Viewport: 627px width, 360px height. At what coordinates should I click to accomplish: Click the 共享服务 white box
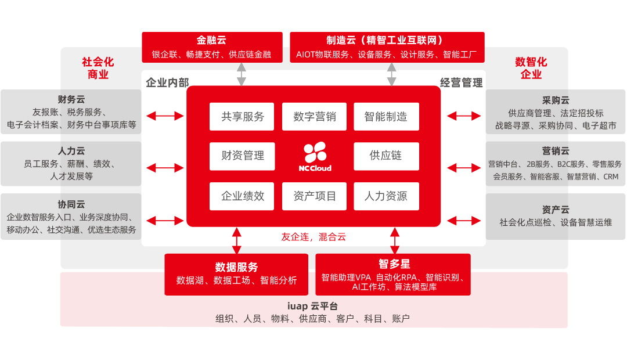(x=242, y=117)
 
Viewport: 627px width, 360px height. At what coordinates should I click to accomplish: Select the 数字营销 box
(x=314, y=117)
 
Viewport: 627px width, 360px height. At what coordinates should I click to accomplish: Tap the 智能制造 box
(x=386, y=117)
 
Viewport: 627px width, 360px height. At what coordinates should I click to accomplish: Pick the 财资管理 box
(x=242, y=156)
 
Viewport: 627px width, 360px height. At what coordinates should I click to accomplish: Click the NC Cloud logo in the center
(x=315, y=156)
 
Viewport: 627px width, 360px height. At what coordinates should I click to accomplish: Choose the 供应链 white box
(x=386, y=156)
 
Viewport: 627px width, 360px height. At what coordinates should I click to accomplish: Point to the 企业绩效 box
(x=242, y=196)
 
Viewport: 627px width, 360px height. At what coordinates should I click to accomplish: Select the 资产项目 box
(x=314, y=196)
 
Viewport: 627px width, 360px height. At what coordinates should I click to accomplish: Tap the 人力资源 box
(x=386, y=196)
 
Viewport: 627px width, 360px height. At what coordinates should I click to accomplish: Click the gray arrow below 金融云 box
(x=241, y=74)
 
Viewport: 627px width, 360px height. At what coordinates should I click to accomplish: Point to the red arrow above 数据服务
(x=236, y=240)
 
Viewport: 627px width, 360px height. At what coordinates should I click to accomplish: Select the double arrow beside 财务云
(x=165, y=116)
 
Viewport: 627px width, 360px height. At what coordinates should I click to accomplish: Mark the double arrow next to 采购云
(x=464, y=116)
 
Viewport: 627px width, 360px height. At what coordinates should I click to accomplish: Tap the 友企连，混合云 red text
(x=313, y=237)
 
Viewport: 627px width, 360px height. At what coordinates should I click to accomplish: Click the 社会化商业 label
(x=98, y=68)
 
